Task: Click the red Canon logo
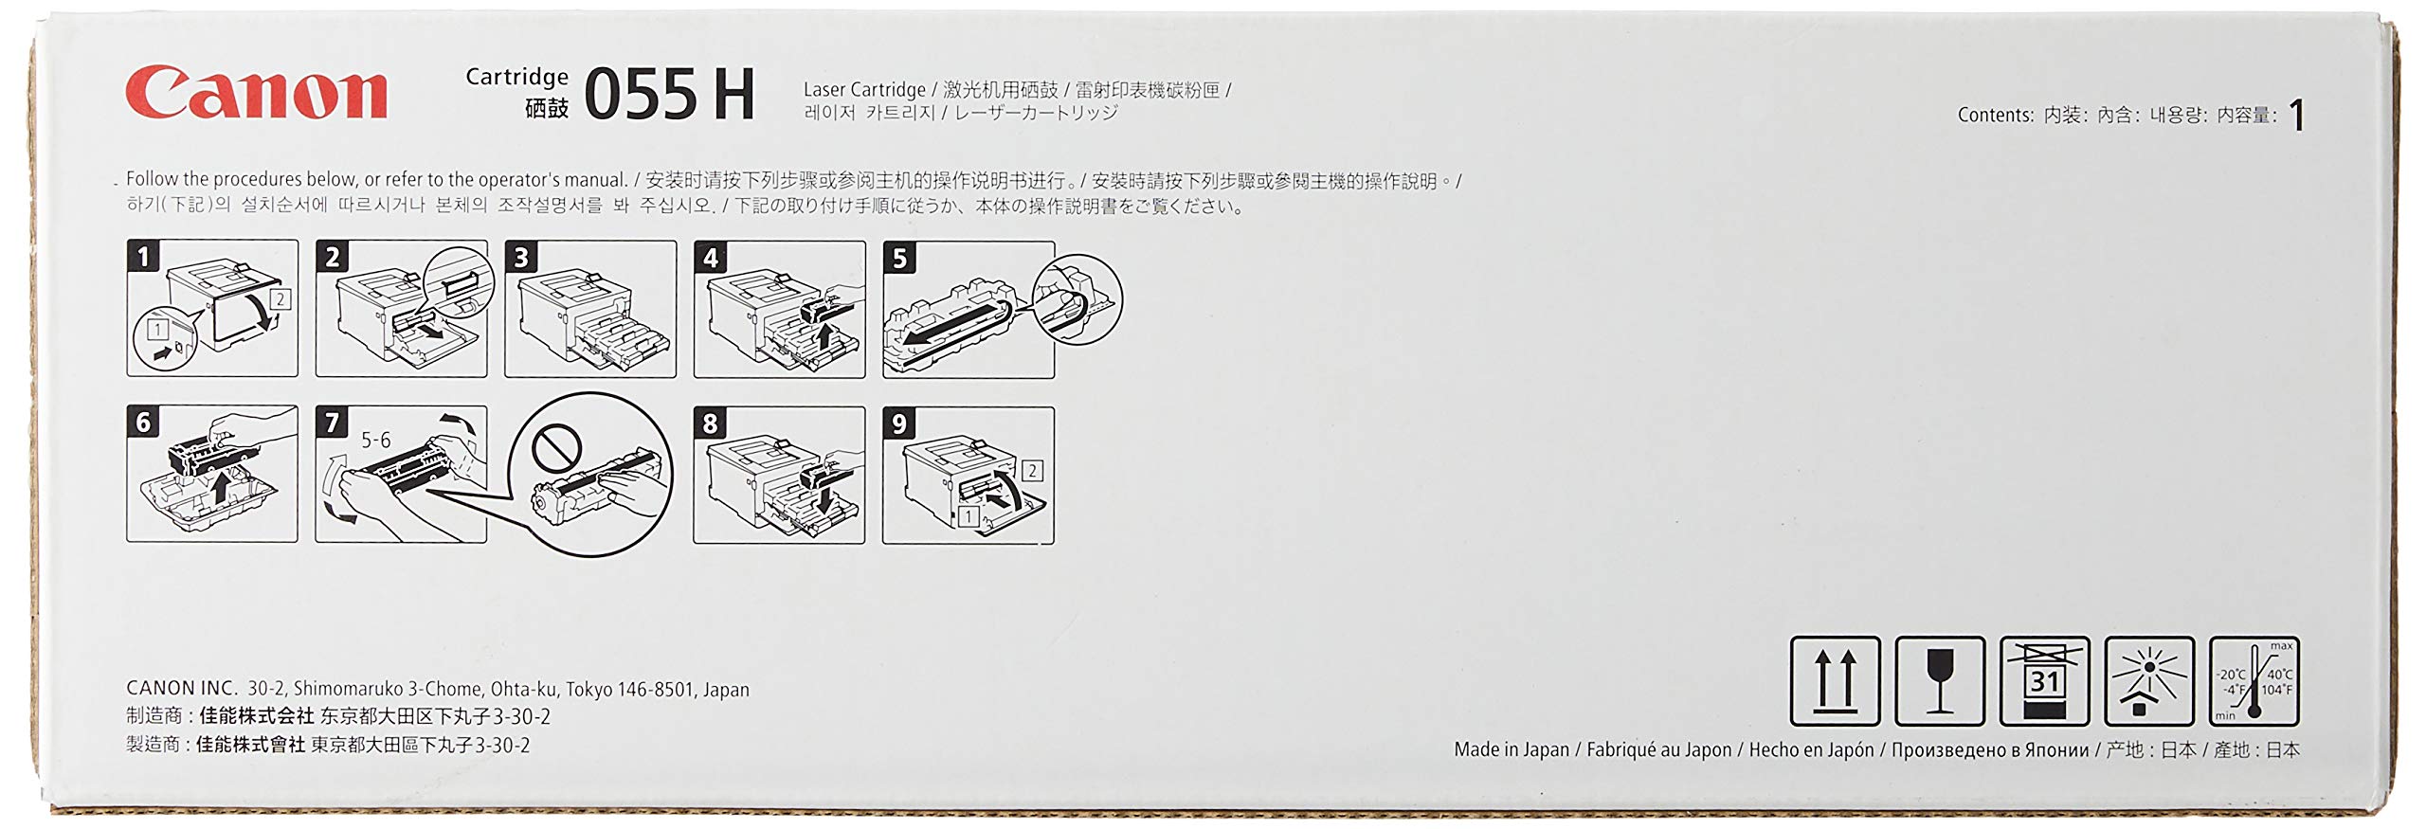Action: [x=256, y=93]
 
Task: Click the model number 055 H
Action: [x=669, y=95]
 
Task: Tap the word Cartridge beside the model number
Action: [x=516, y=77]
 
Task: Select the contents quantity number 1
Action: [x=2295, y=116]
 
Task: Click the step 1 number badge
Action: [x=143, y=256]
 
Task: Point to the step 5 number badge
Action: [x=899, y=258]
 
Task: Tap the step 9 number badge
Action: [x=899, y=424]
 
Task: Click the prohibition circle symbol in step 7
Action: [x=555, y=447]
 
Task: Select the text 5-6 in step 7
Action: [x=375, y=440]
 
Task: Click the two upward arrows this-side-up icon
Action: [x=1835, y=681]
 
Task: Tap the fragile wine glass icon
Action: [x=1940, y=681]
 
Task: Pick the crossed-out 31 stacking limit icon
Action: [x=2044, y=681]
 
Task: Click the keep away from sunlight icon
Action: [x=2149, y=681]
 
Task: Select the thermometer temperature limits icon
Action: [x=2254, y=681]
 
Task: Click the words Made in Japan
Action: [x=1512, y=749]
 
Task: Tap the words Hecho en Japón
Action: [x=1811, y=749]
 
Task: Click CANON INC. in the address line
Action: [x=181, y=689]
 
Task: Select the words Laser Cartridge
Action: [x=864, y=90]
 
